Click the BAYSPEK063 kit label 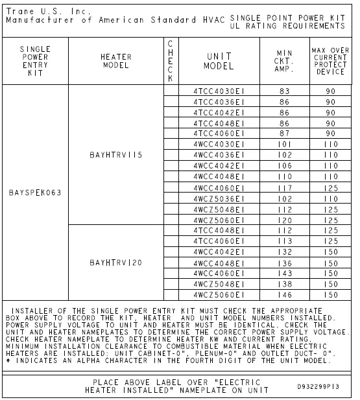tap(36, 193)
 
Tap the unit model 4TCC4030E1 tap(219, 91)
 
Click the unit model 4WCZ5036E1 tap(219, 198)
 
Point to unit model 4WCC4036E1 tap(219, 156)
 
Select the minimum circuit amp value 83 tap(284, 91)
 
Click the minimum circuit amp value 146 tap(284, 294)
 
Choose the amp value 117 tap(284, 187)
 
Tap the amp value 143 tap(284, 273)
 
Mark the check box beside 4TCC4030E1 tap(171, 91)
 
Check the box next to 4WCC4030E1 tap(171, 145)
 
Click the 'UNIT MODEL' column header tap(219, 61)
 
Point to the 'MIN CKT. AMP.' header tap(284, 61)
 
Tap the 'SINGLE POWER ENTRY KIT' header tap(36, 61)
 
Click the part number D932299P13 tap(319, 388)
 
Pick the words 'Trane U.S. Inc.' tap(38, 11)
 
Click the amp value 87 tap(284, 134)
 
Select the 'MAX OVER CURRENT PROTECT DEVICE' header tap(330, 61)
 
